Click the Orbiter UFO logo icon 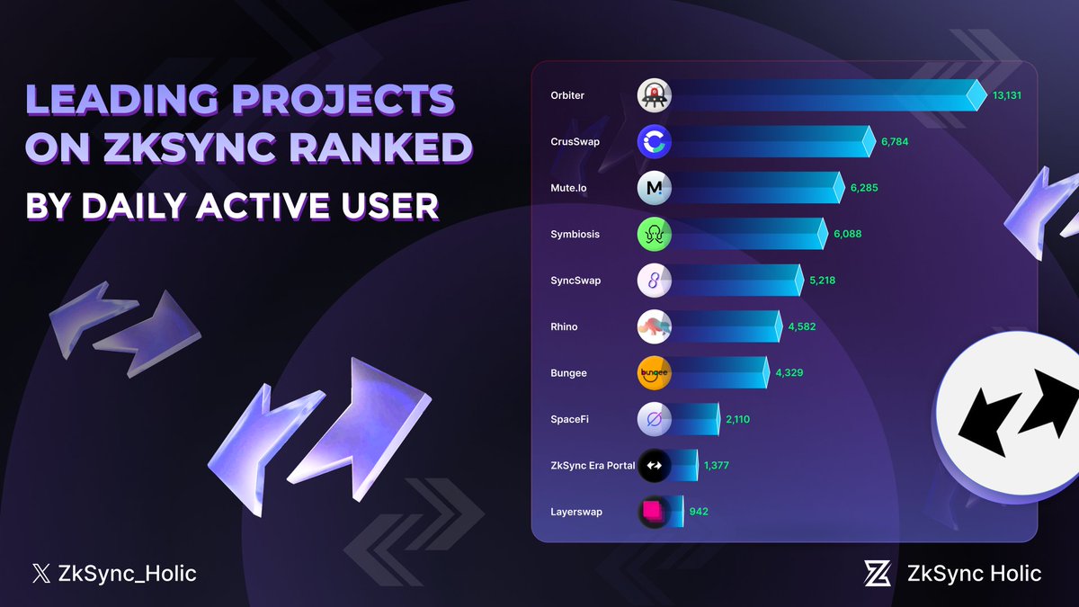[654, 95]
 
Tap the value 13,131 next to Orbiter [1007, 95]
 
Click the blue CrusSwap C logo [654, 141]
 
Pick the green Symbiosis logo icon [654, 234]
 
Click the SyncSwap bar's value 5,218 [822, 281]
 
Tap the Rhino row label [564, 326]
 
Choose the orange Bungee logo [654, 373]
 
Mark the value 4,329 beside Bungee [789, 373]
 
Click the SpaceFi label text [569, 419]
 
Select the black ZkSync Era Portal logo [654, 466]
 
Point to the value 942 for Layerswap [699, 512]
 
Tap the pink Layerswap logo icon [654, 512]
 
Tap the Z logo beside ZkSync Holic [878, 573]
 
